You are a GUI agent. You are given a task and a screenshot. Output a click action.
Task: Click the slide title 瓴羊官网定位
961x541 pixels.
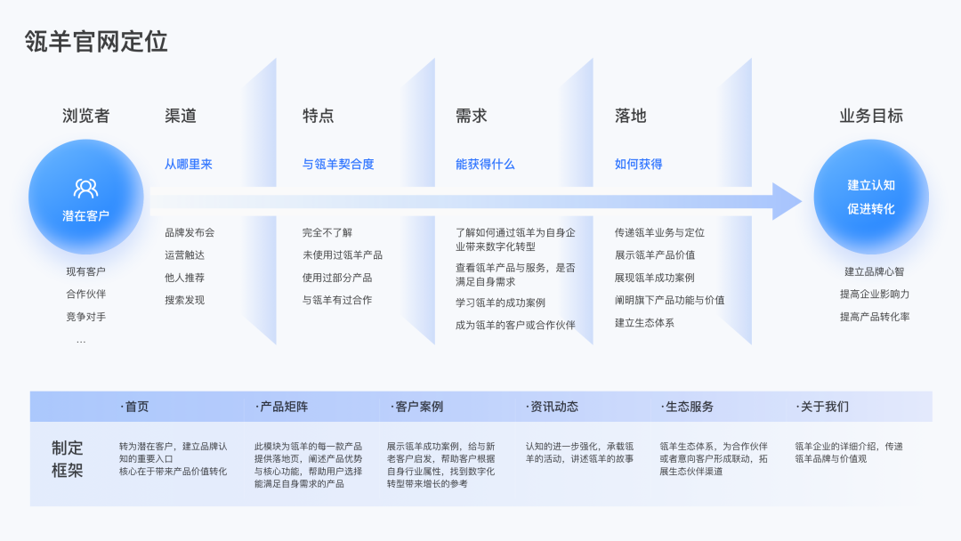click(96, 42)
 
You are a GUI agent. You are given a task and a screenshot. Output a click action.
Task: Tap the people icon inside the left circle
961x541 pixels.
click(86, 188)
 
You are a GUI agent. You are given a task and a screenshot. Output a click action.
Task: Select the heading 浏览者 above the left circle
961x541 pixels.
click(86, 116)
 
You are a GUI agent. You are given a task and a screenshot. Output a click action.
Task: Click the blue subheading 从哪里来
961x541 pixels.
click(189, 164)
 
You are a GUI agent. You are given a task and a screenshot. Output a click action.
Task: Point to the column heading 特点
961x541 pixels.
click(318, 116)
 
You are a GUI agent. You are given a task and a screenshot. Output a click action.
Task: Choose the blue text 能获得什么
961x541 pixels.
click(485, 164)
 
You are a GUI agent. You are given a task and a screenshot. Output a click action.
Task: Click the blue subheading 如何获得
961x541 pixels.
click(638, 164)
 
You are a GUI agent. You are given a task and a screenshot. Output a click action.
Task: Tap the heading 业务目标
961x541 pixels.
click(871, 116)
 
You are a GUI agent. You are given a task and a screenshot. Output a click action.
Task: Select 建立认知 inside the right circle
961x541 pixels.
click(871, 185)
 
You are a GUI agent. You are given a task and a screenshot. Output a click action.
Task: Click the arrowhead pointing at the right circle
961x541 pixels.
click(787, 201)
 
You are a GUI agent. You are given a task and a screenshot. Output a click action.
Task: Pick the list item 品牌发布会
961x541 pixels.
click(190, 233)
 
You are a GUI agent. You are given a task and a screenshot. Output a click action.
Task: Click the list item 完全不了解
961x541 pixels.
click(327, 233)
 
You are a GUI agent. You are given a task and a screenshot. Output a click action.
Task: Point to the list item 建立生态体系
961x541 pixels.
click(644, 323)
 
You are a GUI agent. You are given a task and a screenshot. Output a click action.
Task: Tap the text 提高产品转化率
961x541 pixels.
click(875, 317)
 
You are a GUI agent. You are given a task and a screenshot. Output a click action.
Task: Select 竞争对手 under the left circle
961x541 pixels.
click(85, 317)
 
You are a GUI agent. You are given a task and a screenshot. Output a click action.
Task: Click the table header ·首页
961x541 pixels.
click(134, 407)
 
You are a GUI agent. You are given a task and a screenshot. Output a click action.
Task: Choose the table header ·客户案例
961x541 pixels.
click(416, 407)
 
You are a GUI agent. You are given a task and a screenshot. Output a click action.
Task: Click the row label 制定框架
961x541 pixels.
click(68, 459)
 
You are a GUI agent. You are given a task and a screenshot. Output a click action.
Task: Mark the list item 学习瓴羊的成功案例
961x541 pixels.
click(500, 303)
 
